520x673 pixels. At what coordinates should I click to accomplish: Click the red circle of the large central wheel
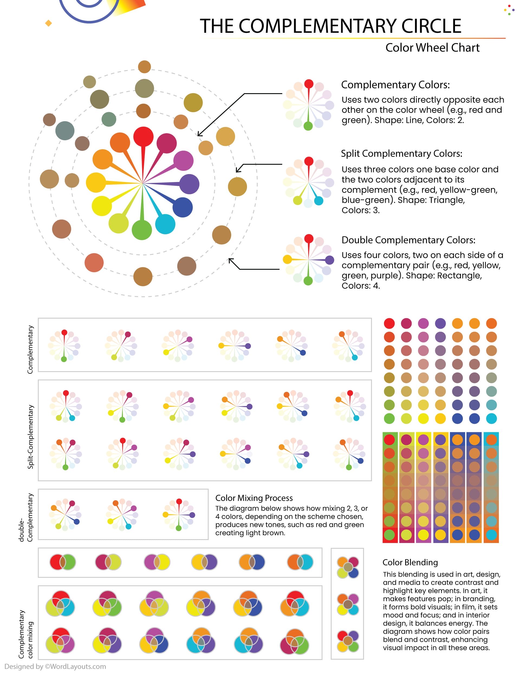coord(143,136)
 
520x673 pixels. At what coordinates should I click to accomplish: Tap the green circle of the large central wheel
coord(142,230)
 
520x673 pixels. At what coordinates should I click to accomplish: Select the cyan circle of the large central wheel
coord(165,224)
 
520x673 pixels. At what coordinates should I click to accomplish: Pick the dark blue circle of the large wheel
coord(183,207)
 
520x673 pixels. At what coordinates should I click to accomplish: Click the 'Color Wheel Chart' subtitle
coord(432,48)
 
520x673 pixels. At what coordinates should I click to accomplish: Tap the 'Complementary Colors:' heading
coord(395,85)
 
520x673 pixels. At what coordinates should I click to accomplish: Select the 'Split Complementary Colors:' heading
coord(401,154)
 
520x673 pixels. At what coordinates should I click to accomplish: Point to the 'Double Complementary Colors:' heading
coord(408,240)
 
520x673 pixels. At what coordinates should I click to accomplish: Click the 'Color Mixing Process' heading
coord(254,498)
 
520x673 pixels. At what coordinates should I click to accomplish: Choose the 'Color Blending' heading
coord(410,563)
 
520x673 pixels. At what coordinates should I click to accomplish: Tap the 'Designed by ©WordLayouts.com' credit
coord(55,667)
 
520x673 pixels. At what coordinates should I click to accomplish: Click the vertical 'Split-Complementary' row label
coord(30,437)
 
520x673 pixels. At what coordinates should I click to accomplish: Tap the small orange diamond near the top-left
coord(48,23)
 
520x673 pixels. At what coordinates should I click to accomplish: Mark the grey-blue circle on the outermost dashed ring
coord(65,131)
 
